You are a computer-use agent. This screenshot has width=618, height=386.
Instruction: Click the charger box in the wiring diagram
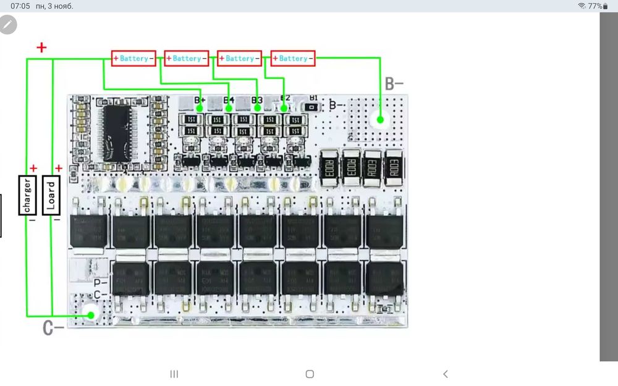(27, 195)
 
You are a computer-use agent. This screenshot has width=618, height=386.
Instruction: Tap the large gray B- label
(394, 84)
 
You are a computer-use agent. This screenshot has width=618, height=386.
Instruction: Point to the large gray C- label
(53, 328)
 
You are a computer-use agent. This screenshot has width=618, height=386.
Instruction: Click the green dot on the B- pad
(380, 120)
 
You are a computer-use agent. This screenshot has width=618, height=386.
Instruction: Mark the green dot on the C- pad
(91, 315)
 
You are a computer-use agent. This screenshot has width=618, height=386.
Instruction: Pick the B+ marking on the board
(200, 99)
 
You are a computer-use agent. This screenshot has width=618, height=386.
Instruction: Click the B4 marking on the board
(228, 99)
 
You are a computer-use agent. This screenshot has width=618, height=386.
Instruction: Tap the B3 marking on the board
(256, 99)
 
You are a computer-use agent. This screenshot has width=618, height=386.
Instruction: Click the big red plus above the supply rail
(41, 47)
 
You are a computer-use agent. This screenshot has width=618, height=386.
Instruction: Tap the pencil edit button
(8, 25)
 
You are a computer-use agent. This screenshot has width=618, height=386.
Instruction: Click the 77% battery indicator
(595, 6)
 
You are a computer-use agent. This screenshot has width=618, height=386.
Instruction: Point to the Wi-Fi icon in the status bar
(582, 6)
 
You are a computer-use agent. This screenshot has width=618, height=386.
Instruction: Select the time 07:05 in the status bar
(20, 6)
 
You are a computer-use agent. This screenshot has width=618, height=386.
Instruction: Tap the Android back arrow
(446, 374)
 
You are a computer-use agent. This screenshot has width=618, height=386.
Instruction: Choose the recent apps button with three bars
(174, 374)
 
